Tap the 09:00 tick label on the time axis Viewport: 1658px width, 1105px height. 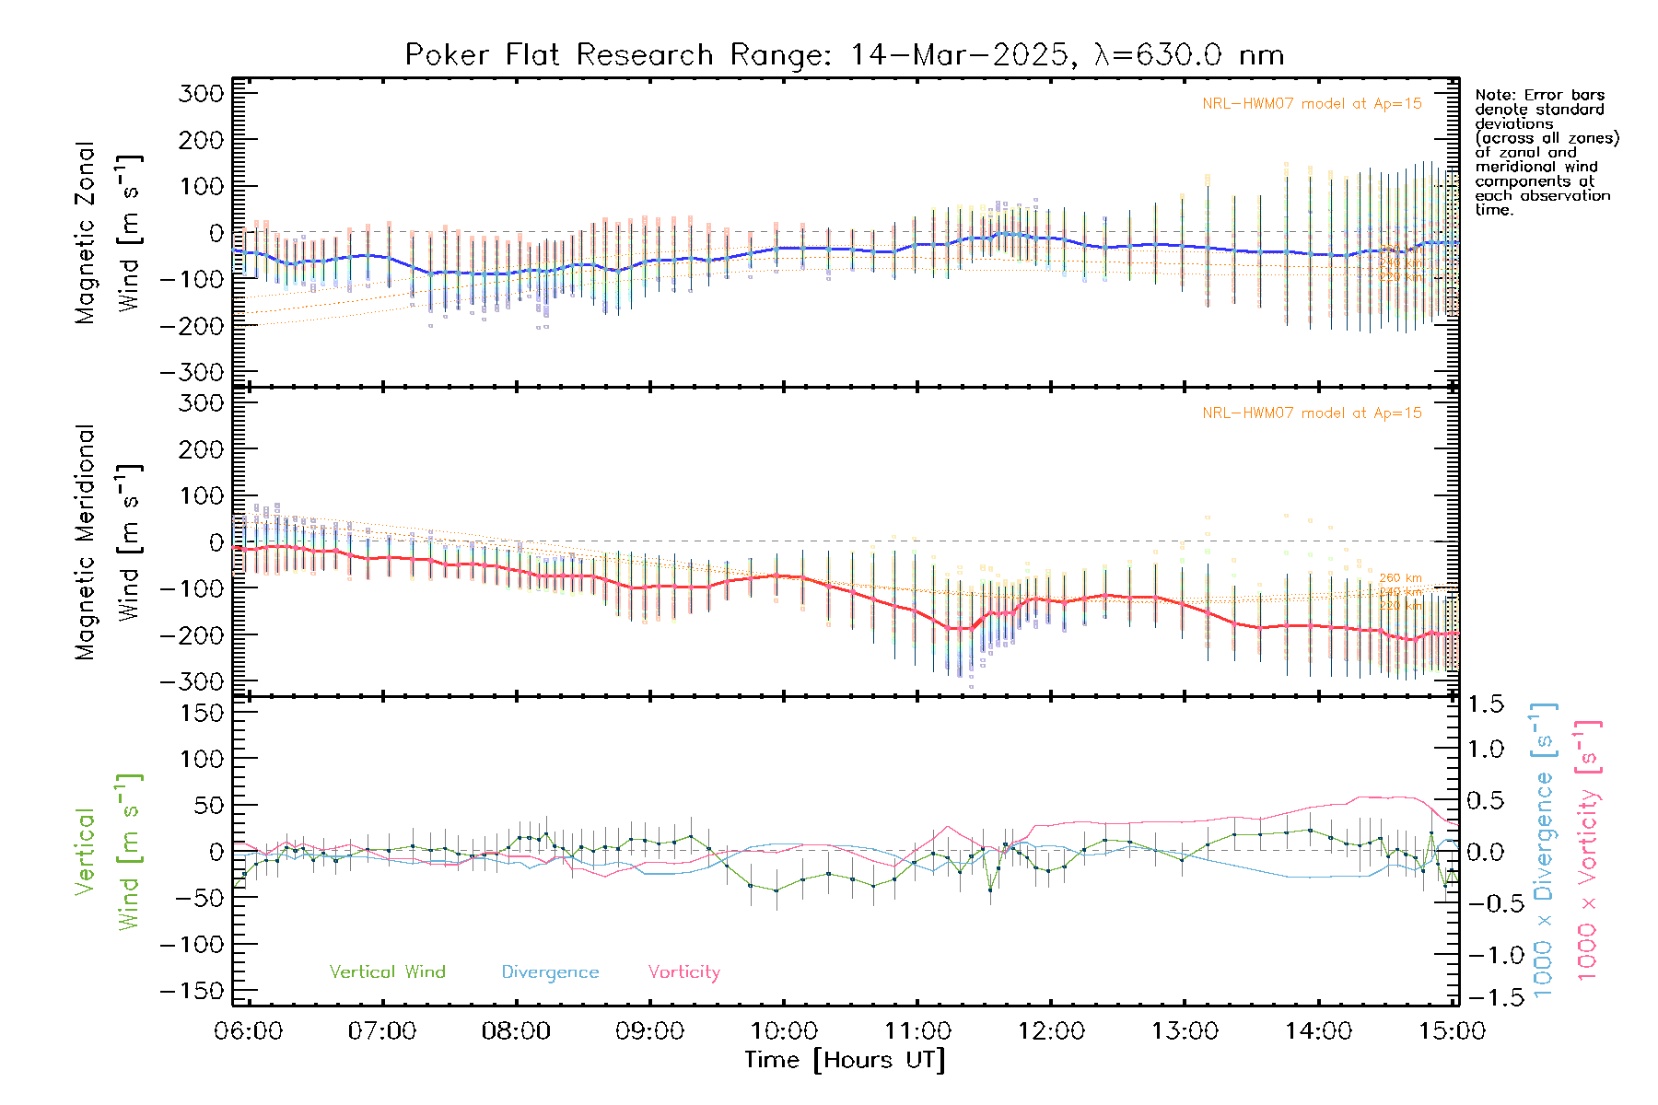point(649,1031)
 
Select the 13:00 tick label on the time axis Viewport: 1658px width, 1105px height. point(1185,1031)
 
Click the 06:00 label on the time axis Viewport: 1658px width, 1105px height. point(249,1031)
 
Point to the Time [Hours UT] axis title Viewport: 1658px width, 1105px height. point(845,1061)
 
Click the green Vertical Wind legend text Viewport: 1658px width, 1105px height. point(387,972)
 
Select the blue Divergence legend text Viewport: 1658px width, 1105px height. point(550,972)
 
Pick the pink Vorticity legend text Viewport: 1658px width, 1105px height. point(683,972)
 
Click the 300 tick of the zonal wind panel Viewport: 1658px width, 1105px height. point(202,93)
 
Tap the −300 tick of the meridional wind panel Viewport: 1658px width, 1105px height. point(192,681)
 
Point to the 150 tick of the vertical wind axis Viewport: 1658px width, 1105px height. point(202,713)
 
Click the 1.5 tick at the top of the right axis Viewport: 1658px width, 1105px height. point(1486,704)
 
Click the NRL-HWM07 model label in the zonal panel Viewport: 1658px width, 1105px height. point(1312,104)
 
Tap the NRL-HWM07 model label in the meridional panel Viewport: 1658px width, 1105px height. point(1312,413)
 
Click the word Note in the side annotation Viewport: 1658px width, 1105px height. point(1493,95)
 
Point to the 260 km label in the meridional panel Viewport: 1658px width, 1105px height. point(1400,578)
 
